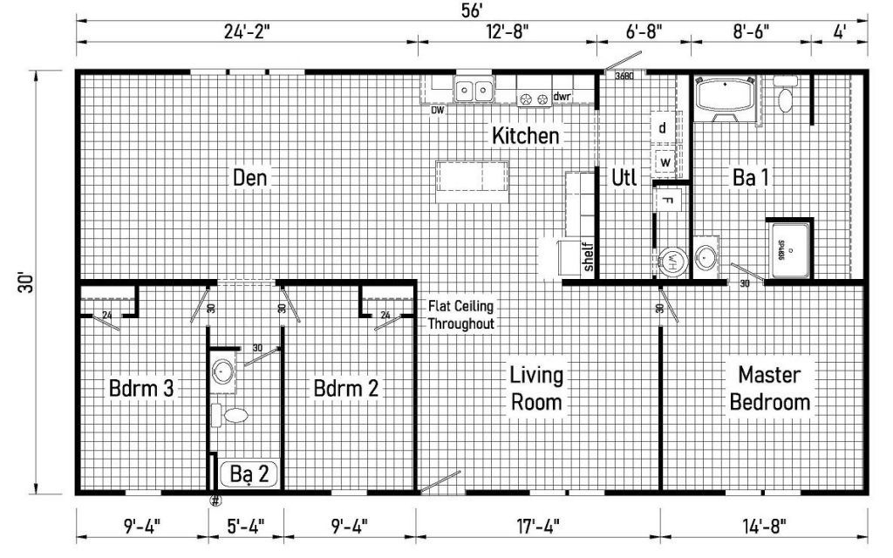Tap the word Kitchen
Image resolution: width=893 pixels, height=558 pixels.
click(x=525, y=136)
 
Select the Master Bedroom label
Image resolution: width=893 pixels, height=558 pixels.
click(x=769, y=389)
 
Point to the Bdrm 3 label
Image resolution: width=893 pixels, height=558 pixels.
click(x=141, y=388)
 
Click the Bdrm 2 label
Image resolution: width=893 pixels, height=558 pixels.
click(x=346, y=388)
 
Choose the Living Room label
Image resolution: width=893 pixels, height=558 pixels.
click(x=536, y=389)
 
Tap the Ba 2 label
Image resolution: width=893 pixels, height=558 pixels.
click(x=249, y=474)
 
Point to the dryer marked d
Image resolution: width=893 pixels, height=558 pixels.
click(x=664, y=128)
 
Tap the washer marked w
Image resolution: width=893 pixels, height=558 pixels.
click(x=665, y=162)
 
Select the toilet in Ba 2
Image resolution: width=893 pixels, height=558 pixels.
click(x=234, y=414)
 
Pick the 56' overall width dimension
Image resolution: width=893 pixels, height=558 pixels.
click(x=472, y=10)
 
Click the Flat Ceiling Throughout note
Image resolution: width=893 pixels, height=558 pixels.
click(x=460, y=315)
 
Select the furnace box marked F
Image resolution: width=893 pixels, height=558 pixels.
click(x=667, y=201)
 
